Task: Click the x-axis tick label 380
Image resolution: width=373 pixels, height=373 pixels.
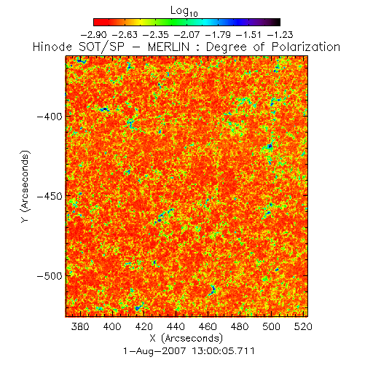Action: coord(80,326)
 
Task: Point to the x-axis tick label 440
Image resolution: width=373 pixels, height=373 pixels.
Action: coord(176,326)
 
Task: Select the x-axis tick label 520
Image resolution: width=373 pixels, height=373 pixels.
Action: coord(303,326)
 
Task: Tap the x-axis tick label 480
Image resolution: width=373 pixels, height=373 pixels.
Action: coord(240,326)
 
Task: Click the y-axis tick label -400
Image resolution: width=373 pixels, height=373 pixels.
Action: coord(50,117)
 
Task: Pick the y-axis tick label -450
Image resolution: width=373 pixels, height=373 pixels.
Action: coord(50,196)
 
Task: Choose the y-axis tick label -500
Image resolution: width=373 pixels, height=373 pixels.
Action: coord(50,276)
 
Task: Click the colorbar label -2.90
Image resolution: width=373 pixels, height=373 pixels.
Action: coord(93,35)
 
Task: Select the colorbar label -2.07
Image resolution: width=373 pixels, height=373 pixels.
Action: coord(186,35)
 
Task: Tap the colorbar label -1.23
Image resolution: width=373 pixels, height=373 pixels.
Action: coord(280,35)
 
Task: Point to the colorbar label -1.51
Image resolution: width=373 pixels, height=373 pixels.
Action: coord(249,35)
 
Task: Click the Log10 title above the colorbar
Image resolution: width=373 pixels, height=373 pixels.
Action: coord(184,11)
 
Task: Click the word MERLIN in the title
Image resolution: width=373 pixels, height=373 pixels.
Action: coord(168,47)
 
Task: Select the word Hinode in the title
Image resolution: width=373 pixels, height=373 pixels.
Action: coord(52,47)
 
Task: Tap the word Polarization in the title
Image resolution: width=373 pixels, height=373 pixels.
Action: coord(306,47)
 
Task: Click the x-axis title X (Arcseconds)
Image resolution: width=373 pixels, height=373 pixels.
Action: coord(186,338)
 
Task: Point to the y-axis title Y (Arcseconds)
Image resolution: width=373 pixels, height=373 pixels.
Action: coord(25,186)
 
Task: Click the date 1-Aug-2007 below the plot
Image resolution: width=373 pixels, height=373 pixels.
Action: coord(154,351)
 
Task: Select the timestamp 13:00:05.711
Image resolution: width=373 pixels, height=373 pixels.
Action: coord(224,351)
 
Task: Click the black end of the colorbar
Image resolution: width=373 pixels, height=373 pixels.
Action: coord(277,22)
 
